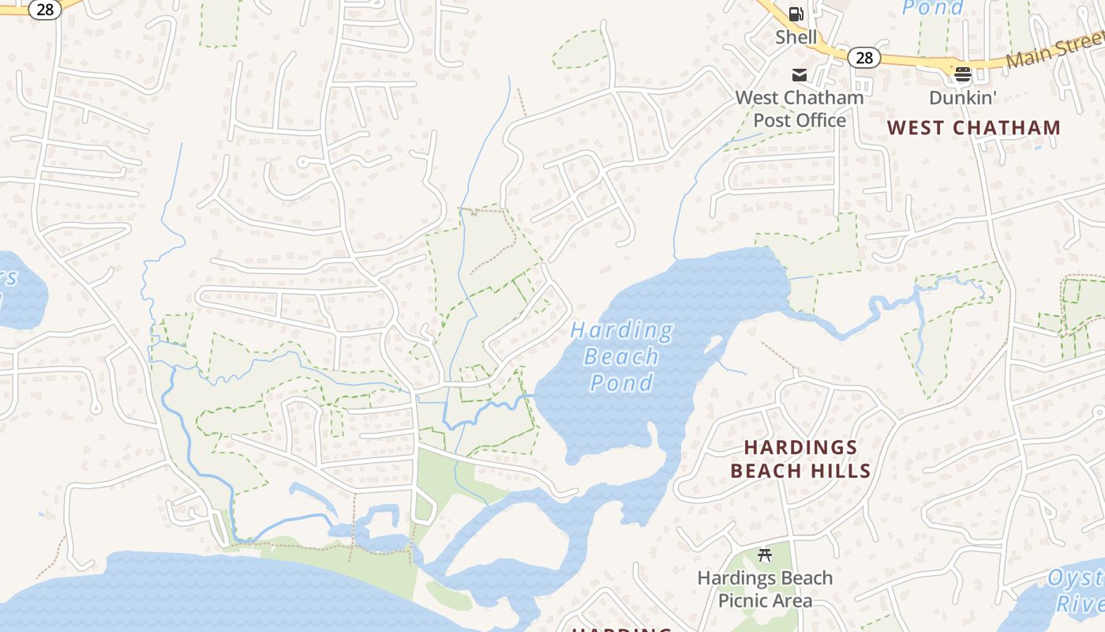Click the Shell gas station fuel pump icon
coord(796,13)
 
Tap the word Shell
coord(796,36)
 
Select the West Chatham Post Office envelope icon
coord(800,75)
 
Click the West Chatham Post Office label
coord(799,109)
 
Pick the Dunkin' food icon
coord(962,74)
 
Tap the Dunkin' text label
coord(963,97)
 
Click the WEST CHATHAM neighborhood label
coord(973,127)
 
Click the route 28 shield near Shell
coord(864,57)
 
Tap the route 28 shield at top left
coord(45,9)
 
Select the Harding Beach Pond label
coord(623,356)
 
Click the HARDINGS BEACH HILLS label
coord(800,459)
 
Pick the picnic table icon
coord(764,555)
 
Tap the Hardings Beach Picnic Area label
coord(764,589)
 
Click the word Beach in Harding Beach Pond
coord(621,356)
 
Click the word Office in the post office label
coord(822,120)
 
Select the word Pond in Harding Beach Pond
coord(622,383)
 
